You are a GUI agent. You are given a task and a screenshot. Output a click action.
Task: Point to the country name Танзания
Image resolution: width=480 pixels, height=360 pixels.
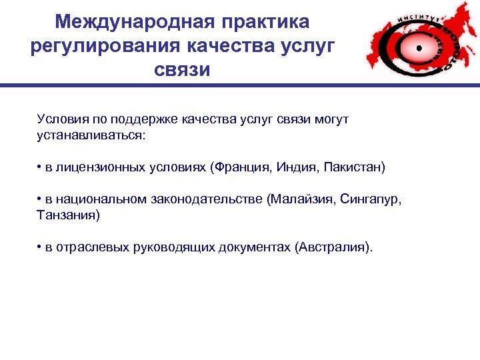[x=67, y=215]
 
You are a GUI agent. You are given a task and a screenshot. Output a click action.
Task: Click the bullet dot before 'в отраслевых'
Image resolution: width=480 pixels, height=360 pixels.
[x=40, y=248]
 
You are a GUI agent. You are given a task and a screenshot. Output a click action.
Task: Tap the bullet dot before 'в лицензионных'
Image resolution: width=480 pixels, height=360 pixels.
[x=40, y=167]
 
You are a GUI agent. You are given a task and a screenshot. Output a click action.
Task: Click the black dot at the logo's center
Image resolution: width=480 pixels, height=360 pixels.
[x=419, y=48]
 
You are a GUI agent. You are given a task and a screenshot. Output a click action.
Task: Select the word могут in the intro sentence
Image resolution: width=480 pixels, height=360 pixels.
[x=330, y=120]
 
